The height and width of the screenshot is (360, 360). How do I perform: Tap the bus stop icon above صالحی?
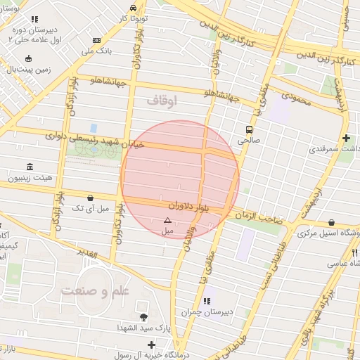pyautogui.click(x=248, y=129)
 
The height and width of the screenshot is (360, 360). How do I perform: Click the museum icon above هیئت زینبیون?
pyautogui.click(x=30, y=167)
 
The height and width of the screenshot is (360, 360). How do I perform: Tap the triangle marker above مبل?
pyautogui.click(x=167, y=219)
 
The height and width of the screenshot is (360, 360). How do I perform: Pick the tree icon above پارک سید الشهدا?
pyautogui.click(x=144, y=317)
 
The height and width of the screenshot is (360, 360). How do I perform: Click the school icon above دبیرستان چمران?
pyautogui.click(x=206, y=301)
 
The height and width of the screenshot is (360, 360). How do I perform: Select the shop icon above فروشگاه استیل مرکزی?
pyautogui.click(x=331, y=221)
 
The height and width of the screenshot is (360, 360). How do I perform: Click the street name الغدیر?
pyautogui.click(x=103, y=252)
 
